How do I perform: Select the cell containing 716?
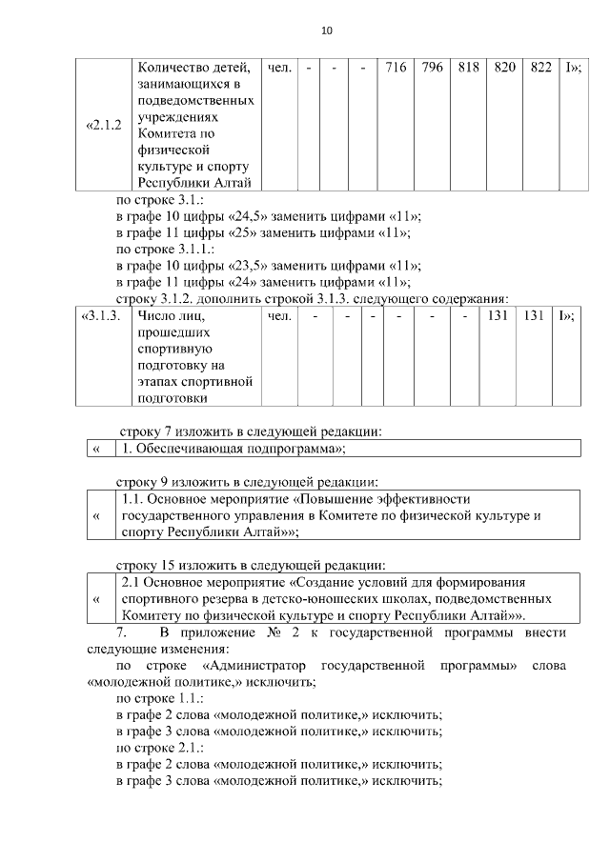coord(396,69)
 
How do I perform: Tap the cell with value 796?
coord(432,69)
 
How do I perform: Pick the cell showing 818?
coord(468,69)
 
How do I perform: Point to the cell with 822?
coord(539,69)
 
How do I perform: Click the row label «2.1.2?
coord(104,125)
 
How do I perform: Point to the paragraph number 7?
coord(121,632)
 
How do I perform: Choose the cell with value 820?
coord(504,69)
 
